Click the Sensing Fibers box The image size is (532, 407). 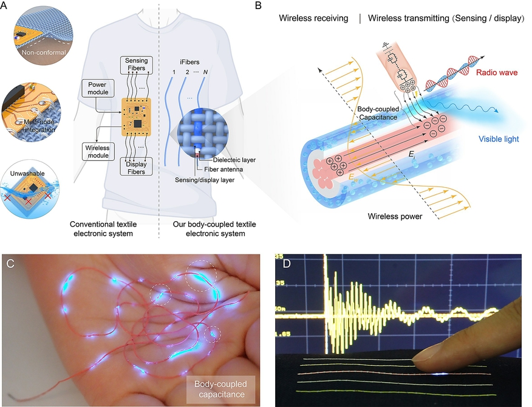[136, 65]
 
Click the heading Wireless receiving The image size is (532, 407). [313, 19]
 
